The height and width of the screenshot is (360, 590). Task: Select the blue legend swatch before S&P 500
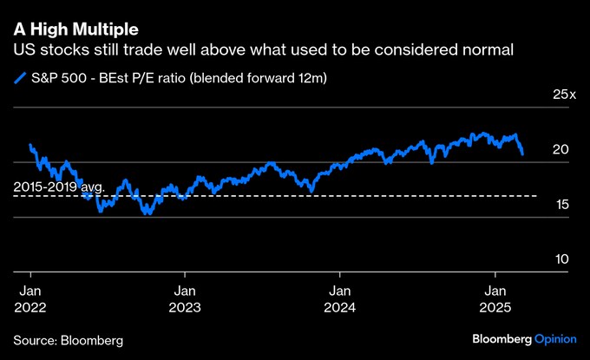(20, 79)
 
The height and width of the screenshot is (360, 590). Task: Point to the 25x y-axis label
(564, 94)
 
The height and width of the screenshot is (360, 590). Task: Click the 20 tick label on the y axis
(561, 150)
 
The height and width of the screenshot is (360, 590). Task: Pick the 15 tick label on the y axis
(561, 205)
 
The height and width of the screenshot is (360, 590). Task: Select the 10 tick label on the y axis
(561, 259)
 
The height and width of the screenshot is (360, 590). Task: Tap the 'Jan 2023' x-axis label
(184, 299)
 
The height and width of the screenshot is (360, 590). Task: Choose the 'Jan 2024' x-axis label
(338, 299)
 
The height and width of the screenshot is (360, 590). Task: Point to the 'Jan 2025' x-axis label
(495, 299)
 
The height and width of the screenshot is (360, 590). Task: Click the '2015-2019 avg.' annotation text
(59, 187)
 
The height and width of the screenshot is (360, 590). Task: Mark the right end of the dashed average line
(536, 196)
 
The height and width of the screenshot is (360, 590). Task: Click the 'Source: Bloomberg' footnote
(68, 338)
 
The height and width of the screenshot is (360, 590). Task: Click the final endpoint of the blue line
(522, 154)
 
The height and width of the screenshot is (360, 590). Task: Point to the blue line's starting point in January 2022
(30, 145)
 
